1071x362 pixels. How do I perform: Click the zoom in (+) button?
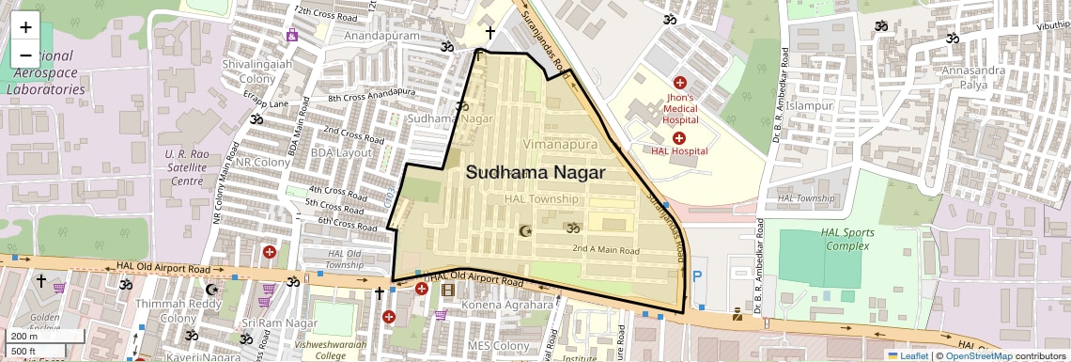click(25, 27)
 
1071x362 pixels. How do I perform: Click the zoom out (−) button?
click(25, 55)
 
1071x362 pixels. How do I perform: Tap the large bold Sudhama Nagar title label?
click(535, 173)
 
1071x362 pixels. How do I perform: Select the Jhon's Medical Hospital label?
click(679, 108)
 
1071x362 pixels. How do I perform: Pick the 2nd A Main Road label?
click(606, 251)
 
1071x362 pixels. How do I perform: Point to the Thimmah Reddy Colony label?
click(165, 311)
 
